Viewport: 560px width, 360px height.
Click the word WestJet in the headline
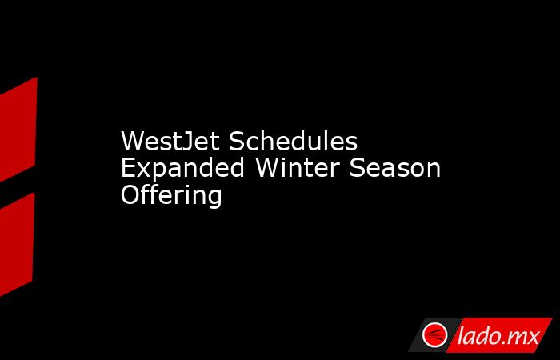(x=170, y=141)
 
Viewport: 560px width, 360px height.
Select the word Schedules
(x=293, y=141)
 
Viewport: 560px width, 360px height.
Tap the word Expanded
(x=182, y=168)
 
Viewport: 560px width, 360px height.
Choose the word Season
(x=394, y=168)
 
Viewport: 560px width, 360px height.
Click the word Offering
(x=171, y=195)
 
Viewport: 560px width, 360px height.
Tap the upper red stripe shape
(x=17, y=130)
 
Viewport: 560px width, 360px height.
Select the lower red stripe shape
(x=17, y=244)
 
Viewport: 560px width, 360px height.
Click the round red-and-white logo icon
(x=434, y=334)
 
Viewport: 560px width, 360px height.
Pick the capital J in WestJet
(x=186, y=142)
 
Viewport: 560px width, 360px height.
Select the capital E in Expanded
(x=129, y=168)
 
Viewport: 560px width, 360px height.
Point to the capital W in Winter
(x=269, y=168)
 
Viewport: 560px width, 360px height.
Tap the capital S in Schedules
(x=237, y=141)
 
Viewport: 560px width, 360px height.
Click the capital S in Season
(x=357, y=168)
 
